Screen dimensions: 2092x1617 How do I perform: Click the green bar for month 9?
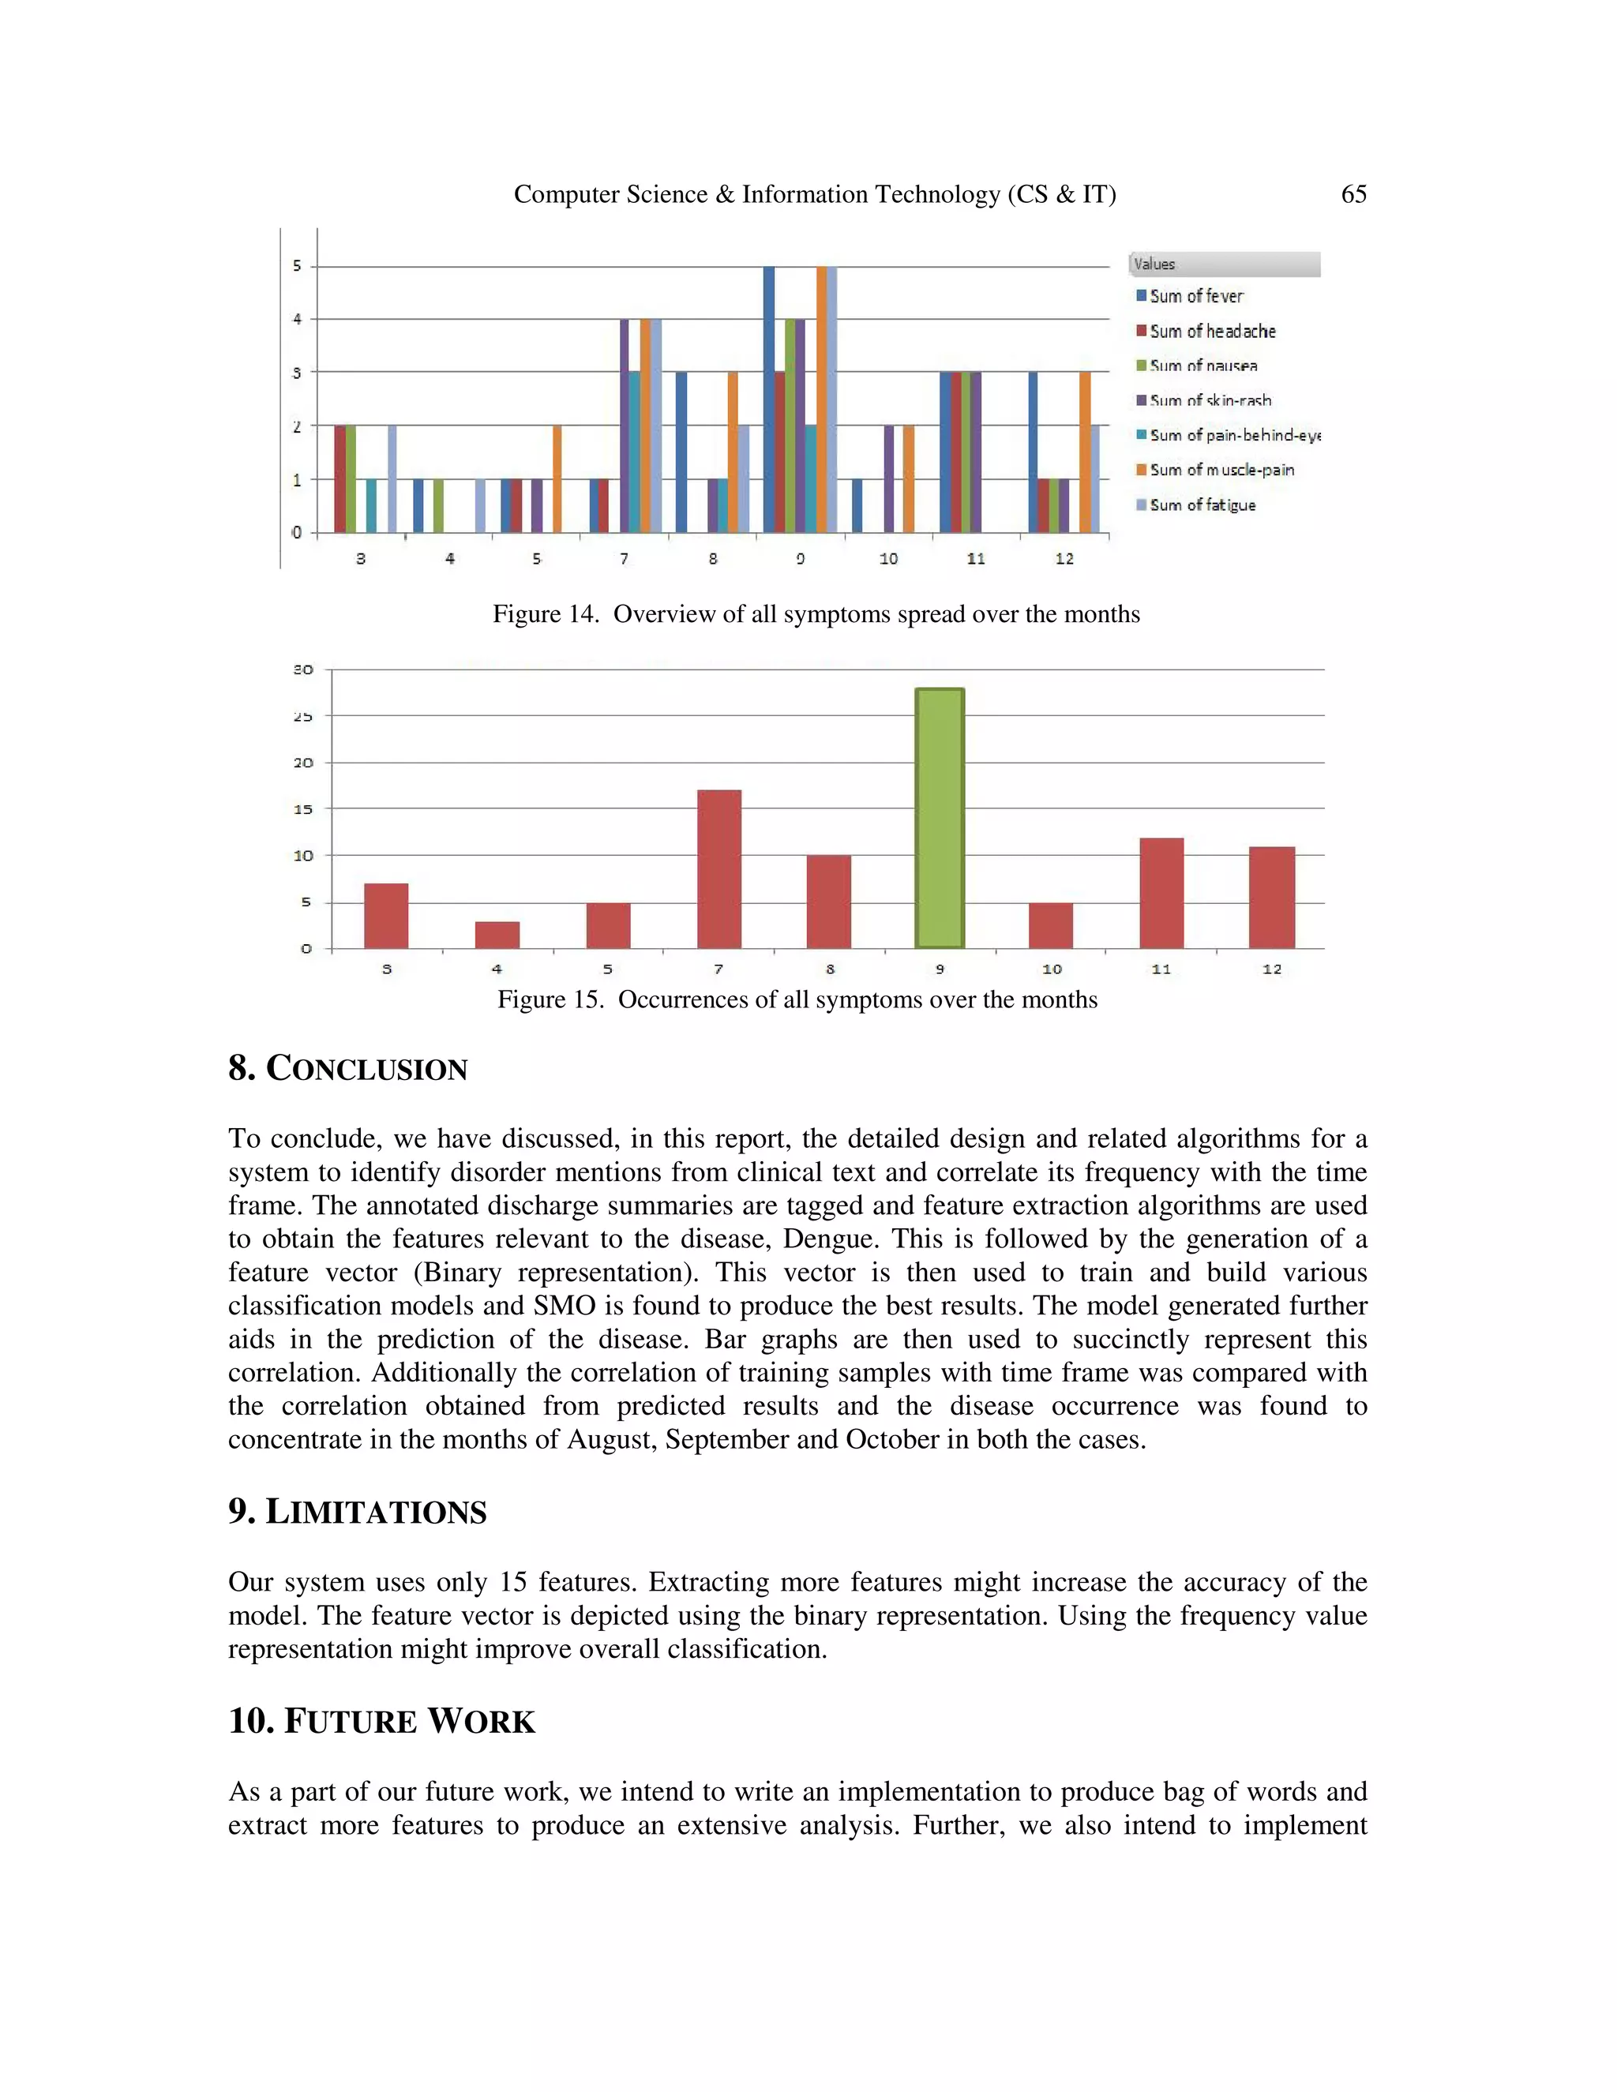(x=939, y=819)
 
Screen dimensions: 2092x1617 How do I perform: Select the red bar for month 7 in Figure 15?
(x=718, y=869)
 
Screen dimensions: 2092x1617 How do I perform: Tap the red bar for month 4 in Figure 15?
(x=497, y=935)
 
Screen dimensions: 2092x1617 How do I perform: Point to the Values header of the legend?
(x=1154, y=264)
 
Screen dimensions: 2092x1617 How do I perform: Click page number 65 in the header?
(x=1353, y=194)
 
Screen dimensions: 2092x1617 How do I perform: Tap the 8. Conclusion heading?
(x=347, y=1068)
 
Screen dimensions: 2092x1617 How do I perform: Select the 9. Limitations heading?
(x=358, y=1512)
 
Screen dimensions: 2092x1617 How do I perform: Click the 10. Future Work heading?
(x=381, y=1720)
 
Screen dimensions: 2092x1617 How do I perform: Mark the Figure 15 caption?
(x=797, y=999)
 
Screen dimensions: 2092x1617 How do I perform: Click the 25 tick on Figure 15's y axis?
(x=302, y=717)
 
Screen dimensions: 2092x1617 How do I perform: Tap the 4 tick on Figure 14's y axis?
(x=297, y=319)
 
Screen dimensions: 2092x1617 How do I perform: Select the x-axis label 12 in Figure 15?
(x=1271, y=969)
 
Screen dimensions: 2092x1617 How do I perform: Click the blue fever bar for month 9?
(x=768, y=399)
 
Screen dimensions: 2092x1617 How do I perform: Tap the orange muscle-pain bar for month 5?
(x=557, y=479)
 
